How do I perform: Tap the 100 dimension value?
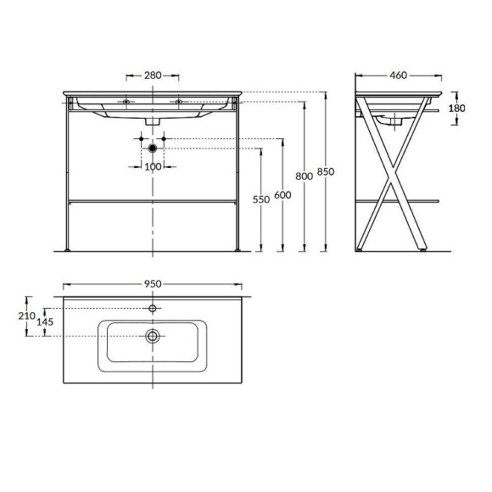[153, 166]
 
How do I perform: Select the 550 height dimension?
[261, 199]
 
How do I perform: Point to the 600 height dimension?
[282, 194]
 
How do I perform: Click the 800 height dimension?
[304, 176]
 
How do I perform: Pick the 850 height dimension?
[325, 171]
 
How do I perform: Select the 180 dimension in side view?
[458, 108]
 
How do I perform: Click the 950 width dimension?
[153, 283]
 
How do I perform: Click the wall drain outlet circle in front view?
[153, 148]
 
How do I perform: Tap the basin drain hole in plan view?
[153, 337]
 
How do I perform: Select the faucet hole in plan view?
[153, 307]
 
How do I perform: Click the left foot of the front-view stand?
[68, 250]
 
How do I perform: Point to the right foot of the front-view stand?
[238, 250]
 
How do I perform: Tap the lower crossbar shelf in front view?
[153, 201]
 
